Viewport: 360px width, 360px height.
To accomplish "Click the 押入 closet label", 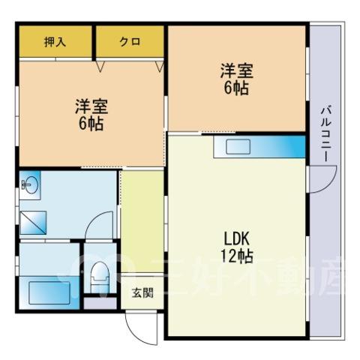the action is click(x=55, y=41).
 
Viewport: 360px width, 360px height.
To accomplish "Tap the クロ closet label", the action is click(x=130, y=41).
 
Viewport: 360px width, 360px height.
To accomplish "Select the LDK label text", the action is click(x=236, y=239).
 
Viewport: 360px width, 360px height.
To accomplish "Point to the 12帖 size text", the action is click(x=236, y=256).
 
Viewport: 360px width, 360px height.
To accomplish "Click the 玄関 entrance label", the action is click(x=142, y=292).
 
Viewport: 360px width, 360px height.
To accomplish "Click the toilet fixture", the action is click(x=100, y=277).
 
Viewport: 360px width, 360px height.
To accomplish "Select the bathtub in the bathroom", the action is click(x=49, y=292).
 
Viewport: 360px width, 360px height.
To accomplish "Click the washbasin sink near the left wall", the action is click(x=31, y=185).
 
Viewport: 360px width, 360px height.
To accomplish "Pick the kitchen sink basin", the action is click(x=238, y=147).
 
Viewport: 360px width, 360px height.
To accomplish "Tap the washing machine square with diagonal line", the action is click(x=33, y=223).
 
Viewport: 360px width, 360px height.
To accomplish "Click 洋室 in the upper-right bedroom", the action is click(x=236, y=71).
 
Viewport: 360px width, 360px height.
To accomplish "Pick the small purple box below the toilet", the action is click(x=100, y=303).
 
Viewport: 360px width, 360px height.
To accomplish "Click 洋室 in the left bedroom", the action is click(x=91, y=106).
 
